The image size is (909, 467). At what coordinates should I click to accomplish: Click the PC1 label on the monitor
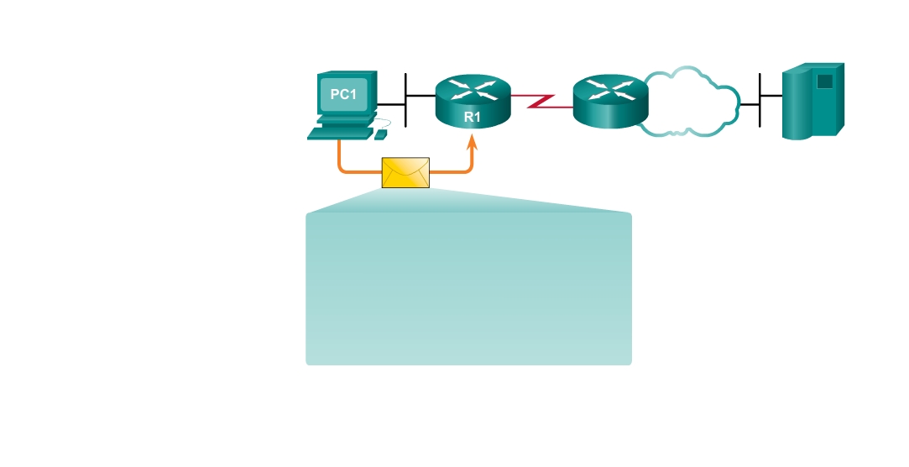(x=343, y=94)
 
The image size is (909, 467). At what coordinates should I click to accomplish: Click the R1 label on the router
(x=473, y=118)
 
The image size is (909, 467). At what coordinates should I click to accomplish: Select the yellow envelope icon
(x=405, y=172)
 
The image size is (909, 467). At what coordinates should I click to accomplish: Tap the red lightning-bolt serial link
(x=541, y=101)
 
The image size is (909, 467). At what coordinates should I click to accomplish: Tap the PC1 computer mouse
(x=382, y=134)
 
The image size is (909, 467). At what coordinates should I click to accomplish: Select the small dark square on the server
(x=824, y=81)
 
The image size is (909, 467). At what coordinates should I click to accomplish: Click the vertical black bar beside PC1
(x=405, y=99)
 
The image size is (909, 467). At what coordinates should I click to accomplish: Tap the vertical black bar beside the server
(x=760, y=100)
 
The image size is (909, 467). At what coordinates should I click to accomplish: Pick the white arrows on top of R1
(x=473, y=90)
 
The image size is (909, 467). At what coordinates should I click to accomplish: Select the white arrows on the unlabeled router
(x=610, y=89)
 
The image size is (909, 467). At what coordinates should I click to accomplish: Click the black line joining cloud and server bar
(x=750, y=104)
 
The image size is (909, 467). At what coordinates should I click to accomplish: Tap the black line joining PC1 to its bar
(x=390, y=104)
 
